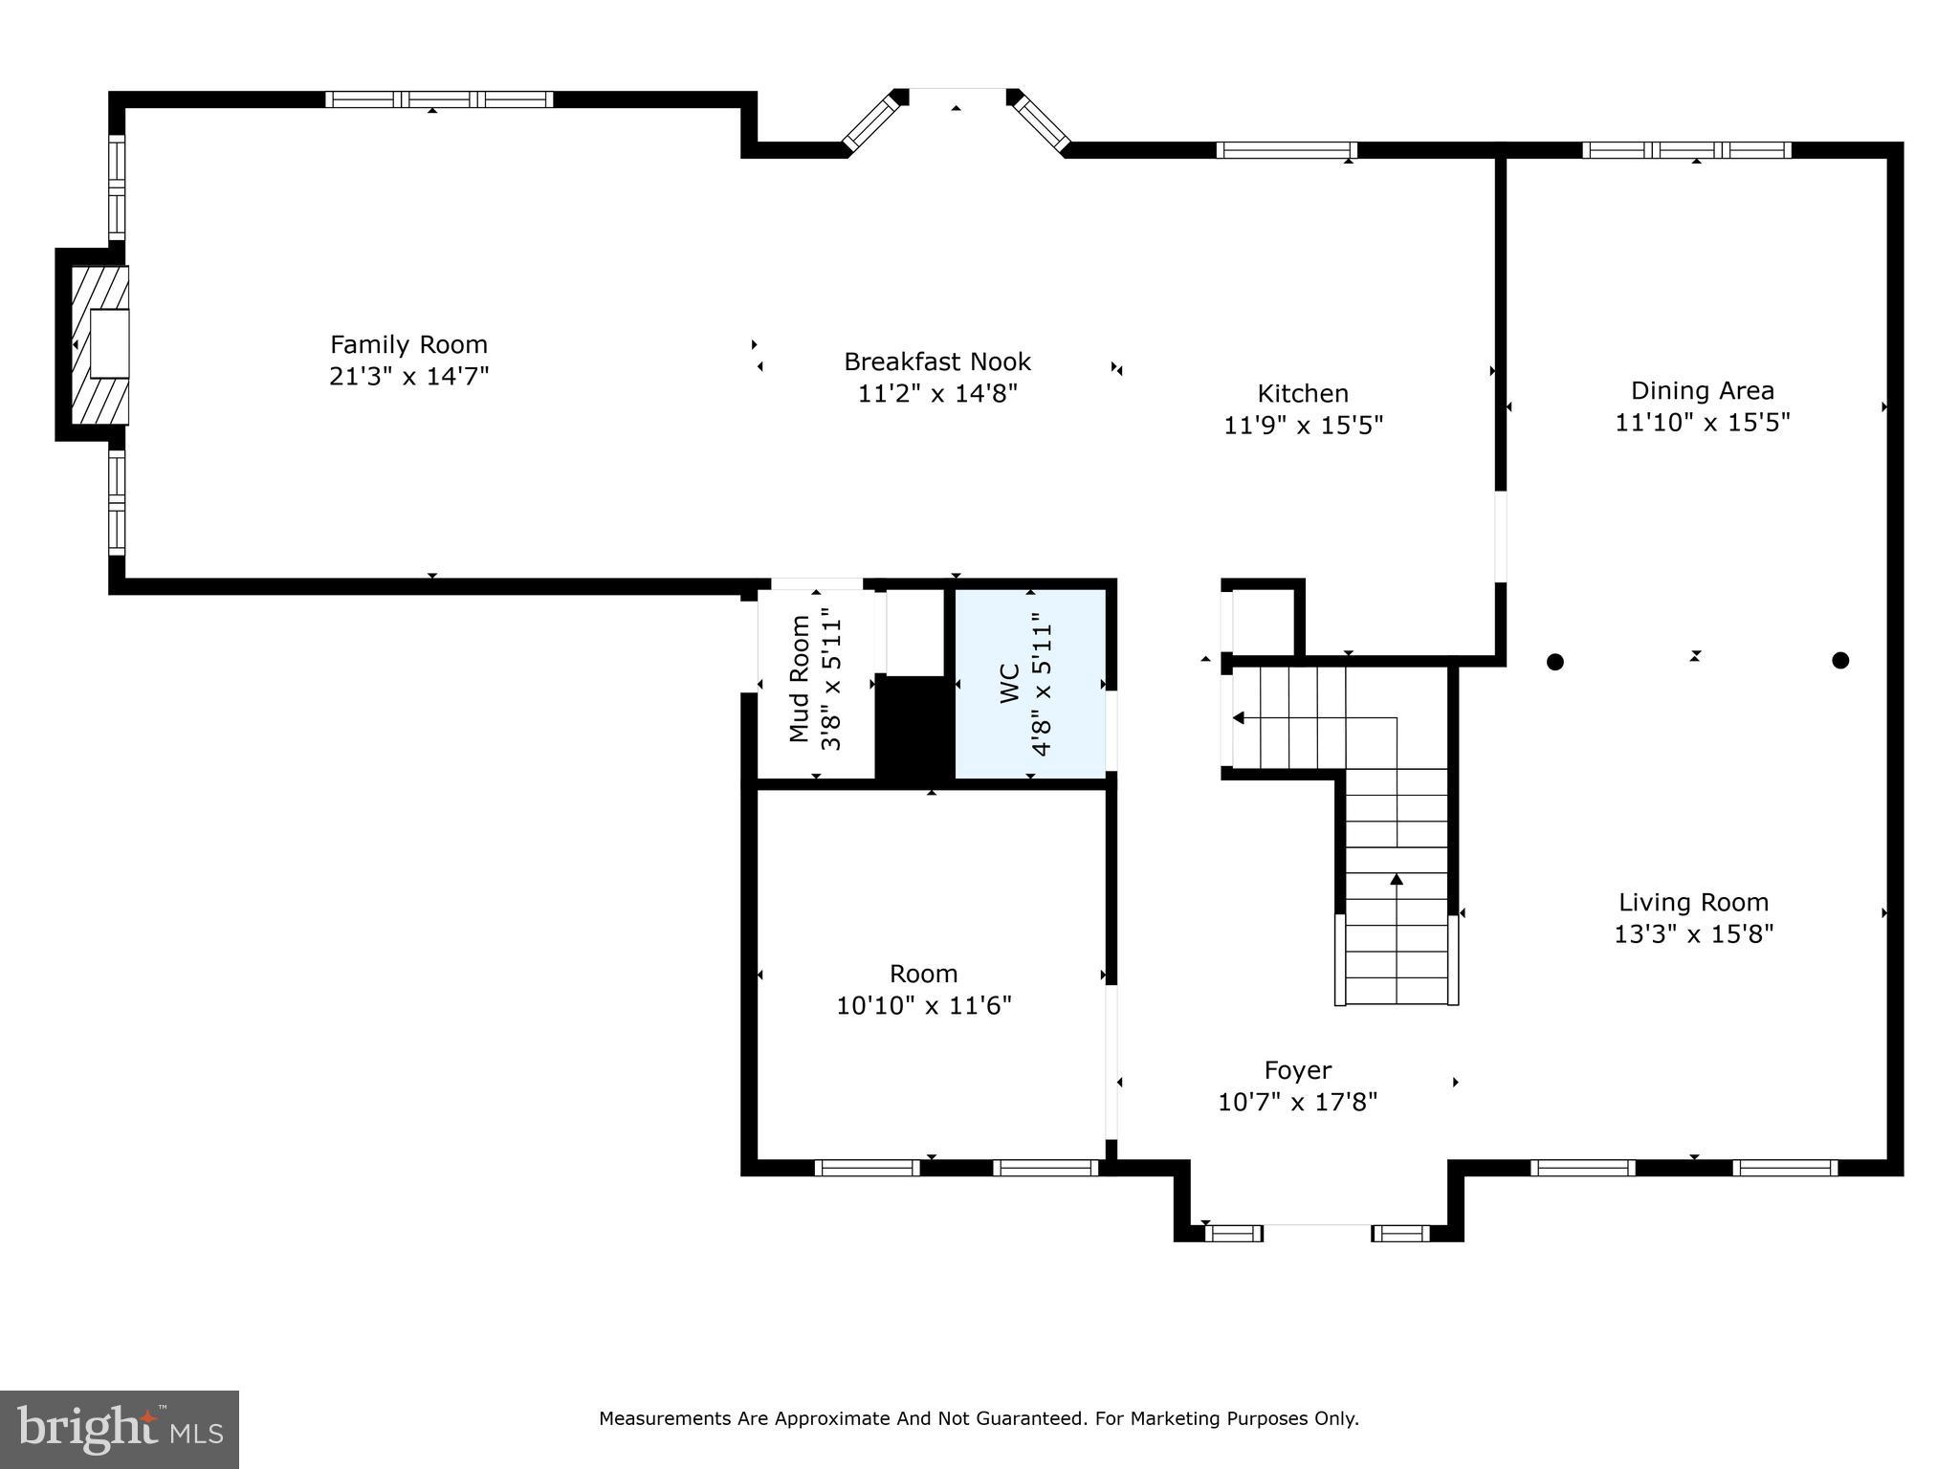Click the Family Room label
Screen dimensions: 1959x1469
point(408,344)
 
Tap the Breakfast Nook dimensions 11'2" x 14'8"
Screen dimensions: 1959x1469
point(937,393)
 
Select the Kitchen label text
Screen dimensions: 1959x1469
point(1303,393)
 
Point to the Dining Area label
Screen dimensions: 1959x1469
point(1702,390)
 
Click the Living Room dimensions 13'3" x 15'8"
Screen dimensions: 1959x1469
point(1693,933)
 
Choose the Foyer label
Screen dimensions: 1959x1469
point(1298,1070)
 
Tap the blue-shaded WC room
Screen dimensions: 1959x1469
point(1031,683)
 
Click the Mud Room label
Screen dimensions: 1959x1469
point(800,678)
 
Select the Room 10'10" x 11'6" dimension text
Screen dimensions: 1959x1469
point(924,1005)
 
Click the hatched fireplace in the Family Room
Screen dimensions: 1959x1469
point(99,344)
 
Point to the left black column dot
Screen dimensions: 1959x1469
point(1555,661)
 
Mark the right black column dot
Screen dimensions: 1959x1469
point(1840,660)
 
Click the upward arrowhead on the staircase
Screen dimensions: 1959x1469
point(1397,879)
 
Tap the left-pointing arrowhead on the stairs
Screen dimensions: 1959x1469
point(1239,717)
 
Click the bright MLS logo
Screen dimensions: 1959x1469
point(120,1429)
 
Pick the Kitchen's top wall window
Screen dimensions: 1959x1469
point(1287,150)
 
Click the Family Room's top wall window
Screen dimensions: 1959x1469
point(439,99)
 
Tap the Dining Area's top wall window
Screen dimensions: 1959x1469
point(1686,150)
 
